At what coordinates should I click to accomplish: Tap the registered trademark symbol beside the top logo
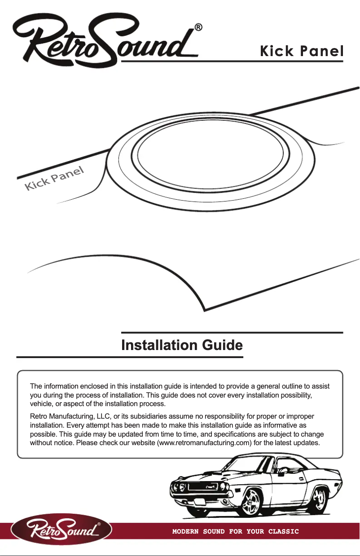click(198, 27)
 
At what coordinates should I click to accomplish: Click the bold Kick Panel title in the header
click(302, 51)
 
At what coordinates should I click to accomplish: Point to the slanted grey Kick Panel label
click(54, 179)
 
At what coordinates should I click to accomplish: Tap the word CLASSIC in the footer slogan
click(283, 532)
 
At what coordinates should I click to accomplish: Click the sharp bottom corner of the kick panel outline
click(205, 309)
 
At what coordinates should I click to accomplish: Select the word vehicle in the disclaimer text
click(41, 403)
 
